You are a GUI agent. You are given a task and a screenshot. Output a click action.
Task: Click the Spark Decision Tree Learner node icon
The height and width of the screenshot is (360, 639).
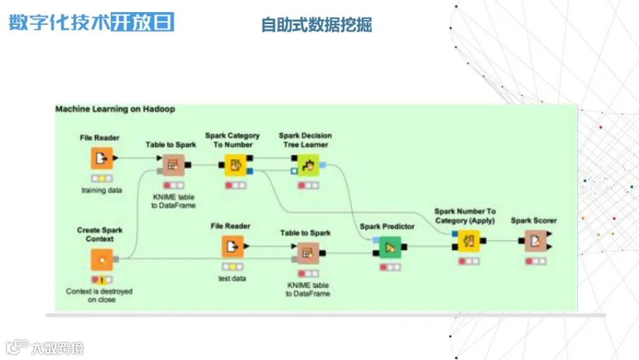(305, 166)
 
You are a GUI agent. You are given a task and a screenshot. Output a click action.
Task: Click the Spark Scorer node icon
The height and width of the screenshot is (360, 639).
(535, 241)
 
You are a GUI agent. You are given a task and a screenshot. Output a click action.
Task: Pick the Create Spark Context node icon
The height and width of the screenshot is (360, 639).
(101, 260)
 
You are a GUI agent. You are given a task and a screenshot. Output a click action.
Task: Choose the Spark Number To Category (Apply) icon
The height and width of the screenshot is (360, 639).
(467, 241)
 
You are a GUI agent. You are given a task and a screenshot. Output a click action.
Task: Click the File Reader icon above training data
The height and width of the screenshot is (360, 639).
(101, 158)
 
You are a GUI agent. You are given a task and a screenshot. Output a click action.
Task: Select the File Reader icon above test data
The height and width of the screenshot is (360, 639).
(232, 246)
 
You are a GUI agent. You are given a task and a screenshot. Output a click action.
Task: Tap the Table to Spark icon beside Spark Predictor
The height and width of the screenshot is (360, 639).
(307, 251)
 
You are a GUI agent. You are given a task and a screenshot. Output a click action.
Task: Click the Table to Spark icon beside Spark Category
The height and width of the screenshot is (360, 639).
(171, 165)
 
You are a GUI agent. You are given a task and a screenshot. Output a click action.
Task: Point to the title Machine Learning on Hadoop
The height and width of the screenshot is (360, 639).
(115, 109)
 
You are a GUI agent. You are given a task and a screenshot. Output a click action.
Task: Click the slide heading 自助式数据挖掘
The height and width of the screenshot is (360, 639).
(317, 25)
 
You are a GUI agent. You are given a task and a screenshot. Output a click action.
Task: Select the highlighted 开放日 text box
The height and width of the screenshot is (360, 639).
(142, 21)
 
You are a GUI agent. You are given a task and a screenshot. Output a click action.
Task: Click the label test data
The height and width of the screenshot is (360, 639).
(232, 278)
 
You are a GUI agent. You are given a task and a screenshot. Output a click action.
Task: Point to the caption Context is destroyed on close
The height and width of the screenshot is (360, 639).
(99, 295)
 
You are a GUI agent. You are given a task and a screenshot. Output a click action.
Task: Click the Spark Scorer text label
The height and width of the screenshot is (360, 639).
(534, 221)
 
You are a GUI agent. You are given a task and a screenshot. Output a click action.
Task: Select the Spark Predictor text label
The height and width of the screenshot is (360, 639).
(387, 227)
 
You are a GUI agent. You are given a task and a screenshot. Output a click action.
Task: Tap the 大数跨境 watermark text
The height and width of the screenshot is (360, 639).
(57, 349)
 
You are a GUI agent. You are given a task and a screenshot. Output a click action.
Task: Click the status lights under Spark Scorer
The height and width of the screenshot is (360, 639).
(535, 261)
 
